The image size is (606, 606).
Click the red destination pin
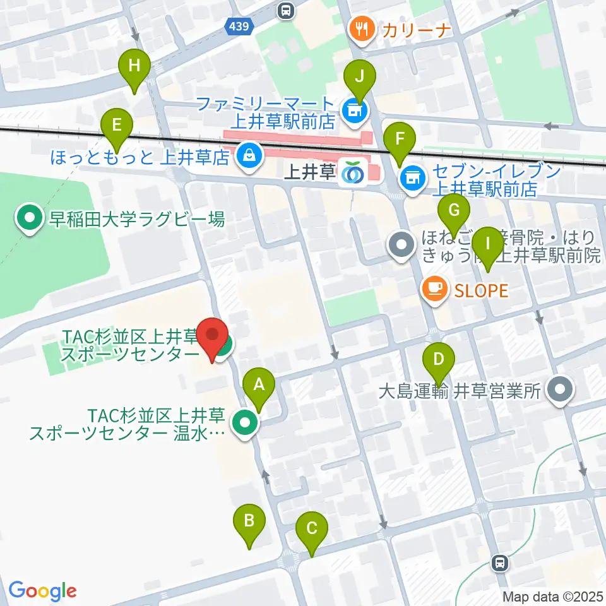click(x=212, y=338)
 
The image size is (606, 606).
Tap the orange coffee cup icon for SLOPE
click(x=434, y=290)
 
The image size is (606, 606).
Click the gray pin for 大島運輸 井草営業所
click(x=559, y=391)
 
